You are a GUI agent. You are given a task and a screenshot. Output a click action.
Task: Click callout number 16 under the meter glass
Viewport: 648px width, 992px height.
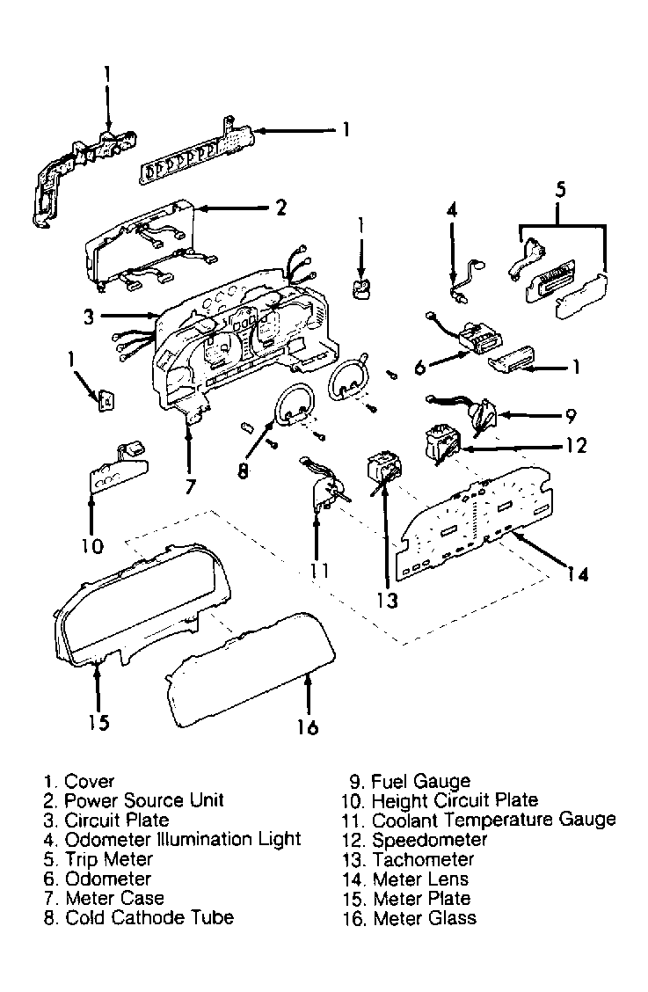307,727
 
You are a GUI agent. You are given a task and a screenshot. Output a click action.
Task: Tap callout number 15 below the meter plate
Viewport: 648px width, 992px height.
98,722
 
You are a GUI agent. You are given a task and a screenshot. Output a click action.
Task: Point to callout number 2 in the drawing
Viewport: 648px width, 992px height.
280,208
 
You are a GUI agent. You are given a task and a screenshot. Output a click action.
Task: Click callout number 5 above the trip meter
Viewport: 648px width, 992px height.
561,188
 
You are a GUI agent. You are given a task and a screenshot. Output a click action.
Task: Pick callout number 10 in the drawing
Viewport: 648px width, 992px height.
91,546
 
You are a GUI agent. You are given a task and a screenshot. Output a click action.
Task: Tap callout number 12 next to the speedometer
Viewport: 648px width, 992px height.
575,445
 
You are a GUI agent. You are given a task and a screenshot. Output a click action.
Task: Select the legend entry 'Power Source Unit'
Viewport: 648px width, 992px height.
144,800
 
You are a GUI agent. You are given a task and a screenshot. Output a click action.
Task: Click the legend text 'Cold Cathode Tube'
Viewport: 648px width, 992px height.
149,917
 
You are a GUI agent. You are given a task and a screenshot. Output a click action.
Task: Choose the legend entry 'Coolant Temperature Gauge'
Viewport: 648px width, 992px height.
493,820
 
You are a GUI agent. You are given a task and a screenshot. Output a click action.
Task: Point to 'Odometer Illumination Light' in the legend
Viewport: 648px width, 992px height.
183,839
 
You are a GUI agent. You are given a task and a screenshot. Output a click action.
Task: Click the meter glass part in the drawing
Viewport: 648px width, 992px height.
246,673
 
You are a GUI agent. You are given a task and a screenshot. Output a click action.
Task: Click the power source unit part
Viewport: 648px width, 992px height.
141,246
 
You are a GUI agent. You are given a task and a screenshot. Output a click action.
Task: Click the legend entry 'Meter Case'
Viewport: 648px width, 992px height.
114,898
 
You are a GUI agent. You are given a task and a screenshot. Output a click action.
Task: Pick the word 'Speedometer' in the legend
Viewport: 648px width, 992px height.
429,840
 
